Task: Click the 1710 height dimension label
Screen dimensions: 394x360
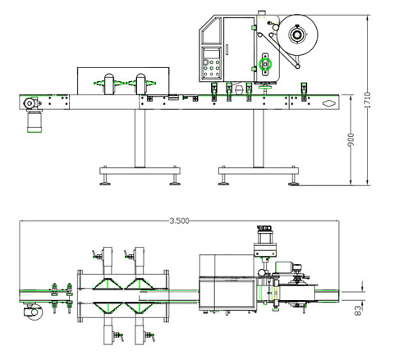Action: click(368, 100)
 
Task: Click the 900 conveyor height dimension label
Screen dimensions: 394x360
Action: click(350, 139)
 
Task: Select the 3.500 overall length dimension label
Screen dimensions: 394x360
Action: click(179, 221)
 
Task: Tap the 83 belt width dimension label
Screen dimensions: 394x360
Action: click(358, 311)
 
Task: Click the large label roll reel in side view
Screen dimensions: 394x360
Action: click(298, 35)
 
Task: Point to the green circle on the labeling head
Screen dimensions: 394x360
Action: click(265, 65)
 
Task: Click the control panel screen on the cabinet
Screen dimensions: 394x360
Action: click(212, 53)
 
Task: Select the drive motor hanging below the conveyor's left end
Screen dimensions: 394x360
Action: click(34, 121)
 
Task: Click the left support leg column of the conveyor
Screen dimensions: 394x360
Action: click(140, 139)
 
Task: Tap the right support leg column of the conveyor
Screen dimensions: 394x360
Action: click(259, 139)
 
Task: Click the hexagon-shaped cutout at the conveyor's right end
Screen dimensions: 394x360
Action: click(329, 103)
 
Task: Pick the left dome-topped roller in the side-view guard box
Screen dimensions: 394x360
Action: click(109, 84)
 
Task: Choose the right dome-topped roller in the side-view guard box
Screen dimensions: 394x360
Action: click(141, 84)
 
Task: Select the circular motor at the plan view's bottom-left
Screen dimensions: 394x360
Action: click(34, 312)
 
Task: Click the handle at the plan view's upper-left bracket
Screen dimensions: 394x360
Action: click(96, 255)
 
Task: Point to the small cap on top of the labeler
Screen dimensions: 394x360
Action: click(262, 13)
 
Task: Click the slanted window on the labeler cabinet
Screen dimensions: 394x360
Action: click(211, 30)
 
